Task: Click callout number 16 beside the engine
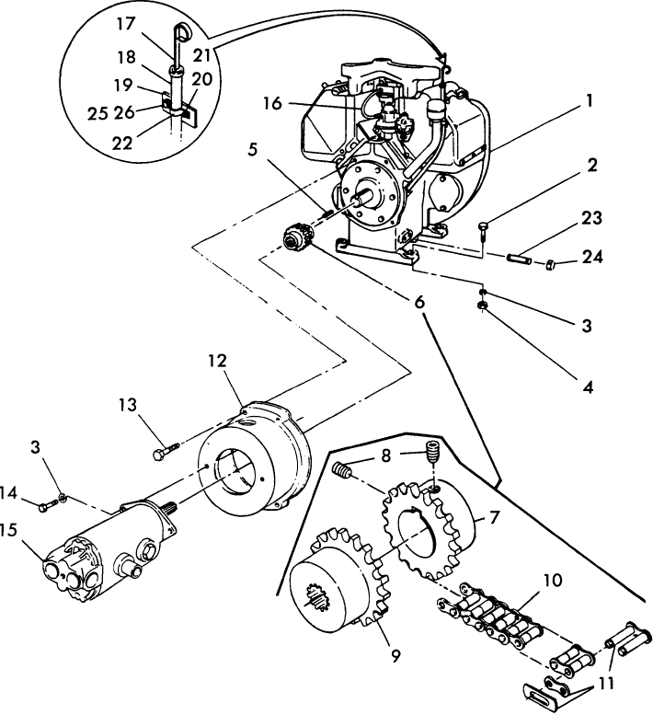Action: tap(272, 104)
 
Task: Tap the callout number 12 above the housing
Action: tap(218, 361)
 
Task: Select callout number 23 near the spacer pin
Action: tap(591, 217)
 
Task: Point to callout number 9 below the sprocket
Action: tap(395, 656)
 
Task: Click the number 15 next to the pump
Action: tap(16, 530)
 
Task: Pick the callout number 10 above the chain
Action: tap(553, 581)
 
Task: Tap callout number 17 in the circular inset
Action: tap(125, 23)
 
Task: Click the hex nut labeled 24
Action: tap(550, 264)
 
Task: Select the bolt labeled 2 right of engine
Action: tap(484, 229)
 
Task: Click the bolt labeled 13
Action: tap(165, 451)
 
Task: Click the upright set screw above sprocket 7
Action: tap(431, 452)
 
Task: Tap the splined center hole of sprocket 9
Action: tap(316, 597)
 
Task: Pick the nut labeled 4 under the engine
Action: tap(481, 306)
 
